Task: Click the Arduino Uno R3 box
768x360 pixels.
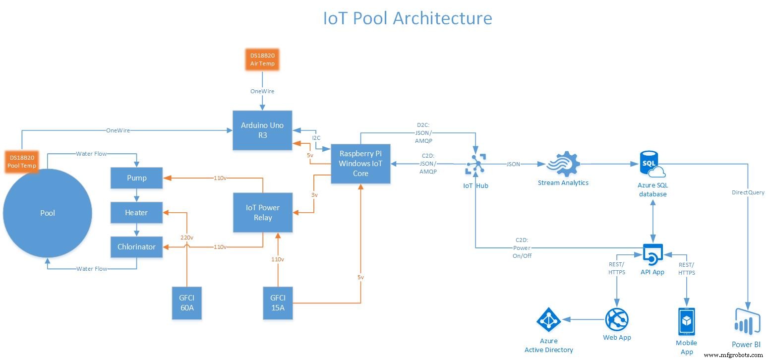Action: tap(263, 130)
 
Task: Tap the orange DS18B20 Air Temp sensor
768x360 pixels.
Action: tap(262, 60)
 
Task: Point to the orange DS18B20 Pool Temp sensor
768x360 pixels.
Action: tap(22, 161)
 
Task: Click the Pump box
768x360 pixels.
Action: tap(136, 178)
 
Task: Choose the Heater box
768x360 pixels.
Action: tap(136, 213)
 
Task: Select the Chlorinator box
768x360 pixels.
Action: tap(136, 247)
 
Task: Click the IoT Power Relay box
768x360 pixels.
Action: tap(263, 213)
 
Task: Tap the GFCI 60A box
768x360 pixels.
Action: tap(187, 302)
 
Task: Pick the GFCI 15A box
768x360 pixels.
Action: tap(278, 302)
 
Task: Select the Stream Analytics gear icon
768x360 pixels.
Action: tap(563, 164)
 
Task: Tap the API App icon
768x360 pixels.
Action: tap(652, 255)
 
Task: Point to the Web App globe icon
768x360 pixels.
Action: tap(617, 320)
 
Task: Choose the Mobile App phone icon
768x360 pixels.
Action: tap(686, 322)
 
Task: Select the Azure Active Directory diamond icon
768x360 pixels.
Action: tap(548, 321)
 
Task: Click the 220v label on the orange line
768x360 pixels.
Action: tap(187, 238)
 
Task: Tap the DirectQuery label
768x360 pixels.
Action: tap(748, 192)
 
